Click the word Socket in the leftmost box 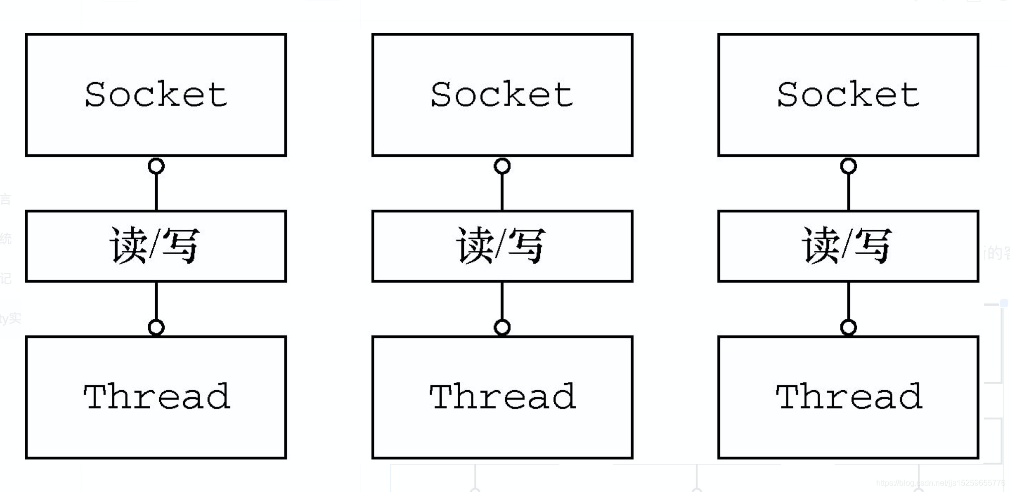(156, 94)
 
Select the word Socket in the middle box (502, 94)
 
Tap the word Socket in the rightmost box (848, 94)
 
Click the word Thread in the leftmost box (156, 397)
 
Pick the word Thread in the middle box (502, 397)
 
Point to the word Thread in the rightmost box (848, 397)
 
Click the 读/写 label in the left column (155, 245)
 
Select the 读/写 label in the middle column (501, 245)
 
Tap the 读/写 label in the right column (847, 245)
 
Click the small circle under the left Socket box (156, 166)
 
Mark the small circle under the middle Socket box (502, 166)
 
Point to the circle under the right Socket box (848, 166)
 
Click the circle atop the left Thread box (156, 328)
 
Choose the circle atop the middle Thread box (502, 328)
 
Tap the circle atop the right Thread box (848, 328)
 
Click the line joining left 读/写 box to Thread (156, 301)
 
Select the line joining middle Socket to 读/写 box (502, 192)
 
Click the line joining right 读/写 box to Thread (848, 301)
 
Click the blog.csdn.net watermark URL (940, 483)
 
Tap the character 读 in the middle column (475, 245)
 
